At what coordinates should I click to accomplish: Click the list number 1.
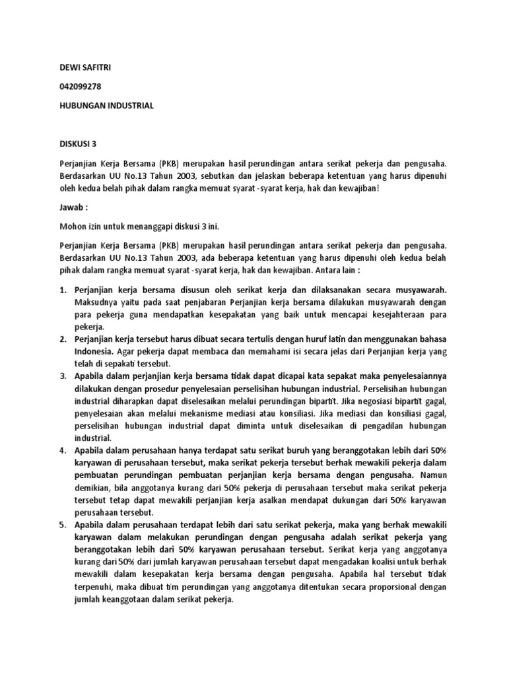[63, 290]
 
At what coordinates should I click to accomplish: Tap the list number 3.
[63, 376]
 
